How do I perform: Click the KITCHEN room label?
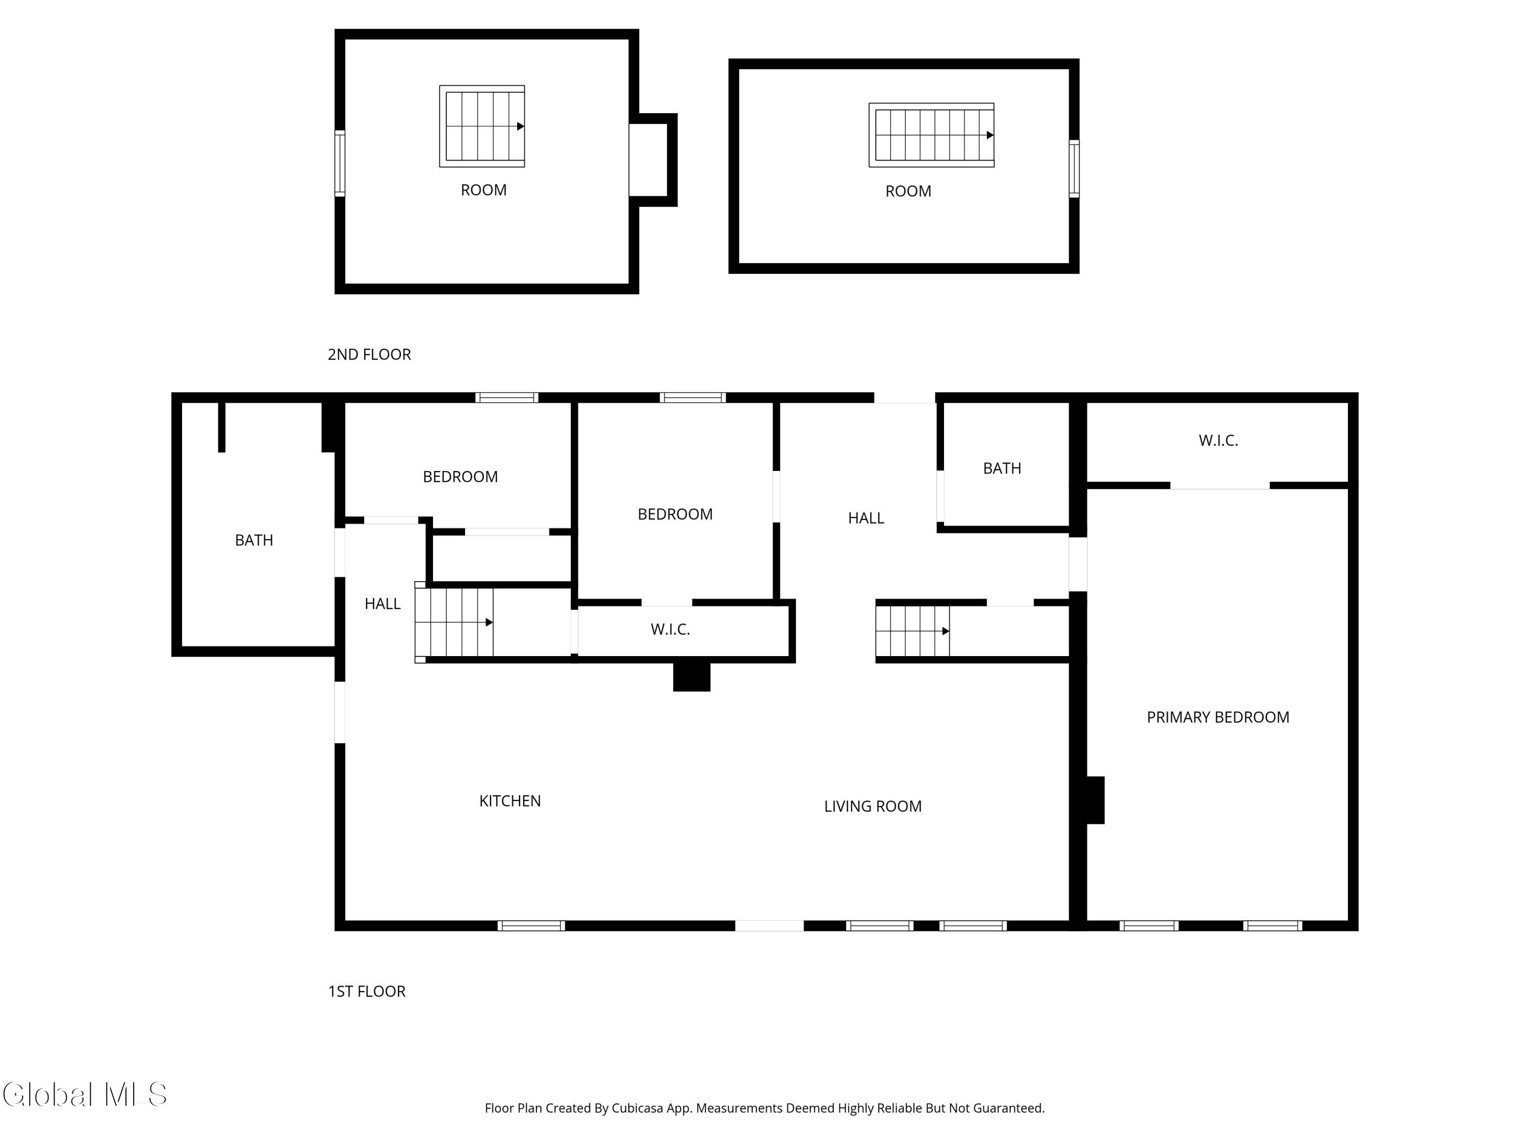510,801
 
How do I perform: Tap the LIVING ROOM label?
872,806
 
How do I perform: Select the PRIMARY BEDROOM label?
1217,717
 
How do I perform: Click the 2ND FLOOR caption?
369,354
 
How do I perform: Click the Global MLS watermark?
84,1094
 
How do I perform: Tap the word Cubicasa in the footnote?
636,1108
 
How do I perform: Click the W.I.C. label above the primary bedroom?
1217,440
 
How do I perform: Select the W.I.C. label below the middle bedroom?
670,629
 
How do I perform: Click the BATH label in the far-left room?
254,540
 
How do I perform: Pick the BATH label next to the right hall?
1002,468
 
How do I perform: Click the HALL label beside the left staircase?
382,604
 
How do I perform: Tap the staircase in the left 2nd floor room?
482,126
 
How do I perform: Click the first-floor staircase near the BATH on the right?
912,631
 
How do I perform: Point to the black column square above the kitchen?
691,676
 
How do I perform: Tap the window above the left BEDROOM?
506,398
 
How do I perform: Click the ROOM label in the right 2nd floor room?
907,191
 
